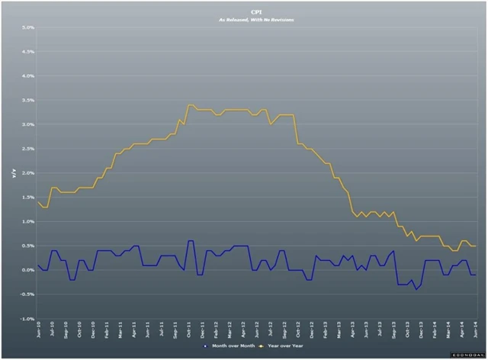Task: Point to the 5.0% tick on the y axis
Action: point(27,27)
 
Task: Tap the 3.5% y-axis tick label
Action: point(27,101)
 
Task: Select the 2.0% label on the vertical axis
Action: point(27,173)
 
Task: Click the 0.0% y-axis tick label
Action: point(27,270)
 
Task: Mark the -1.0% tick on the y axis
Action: point(27,319)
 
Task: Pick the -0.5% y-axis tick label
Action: point(27,294)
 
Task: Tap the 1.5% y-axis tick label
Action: point(27,198)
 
